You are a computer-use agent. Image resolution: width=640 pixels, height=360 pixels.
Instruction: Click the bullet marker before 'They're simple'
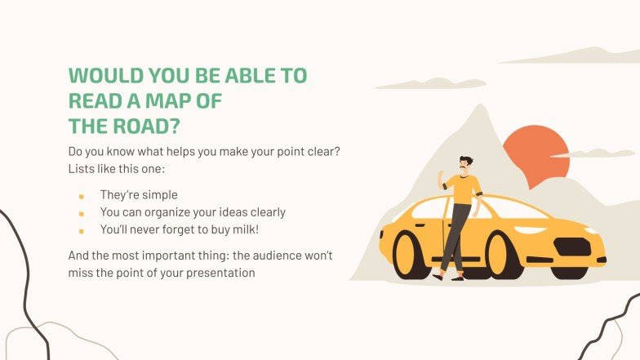[x=81, y=196]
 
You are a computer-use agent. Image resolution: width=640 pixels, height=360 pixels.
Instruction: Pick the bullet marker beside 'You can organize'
[x=81, y=213]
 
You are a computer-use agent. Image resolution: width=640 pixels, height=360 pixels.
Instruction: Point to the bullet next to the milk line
[x=81, y=230]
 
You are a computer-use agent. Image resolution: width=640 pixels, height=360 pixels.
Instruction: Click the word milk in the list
[x=242, y=229]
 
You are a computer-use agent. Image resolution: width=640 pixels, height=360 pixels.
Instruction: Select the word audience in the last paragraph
[x=255, y=256]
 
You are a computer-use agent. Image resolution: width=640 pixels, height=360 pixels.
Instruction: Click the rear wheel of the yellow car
[x=412, y=254]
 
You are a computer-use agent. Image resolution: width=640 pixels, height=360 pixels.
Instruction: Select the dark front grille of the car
[x=573, y=247]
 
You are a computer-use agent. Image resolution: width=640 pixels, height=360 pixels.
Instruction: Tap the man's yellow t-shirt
[x=464, y=189]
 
